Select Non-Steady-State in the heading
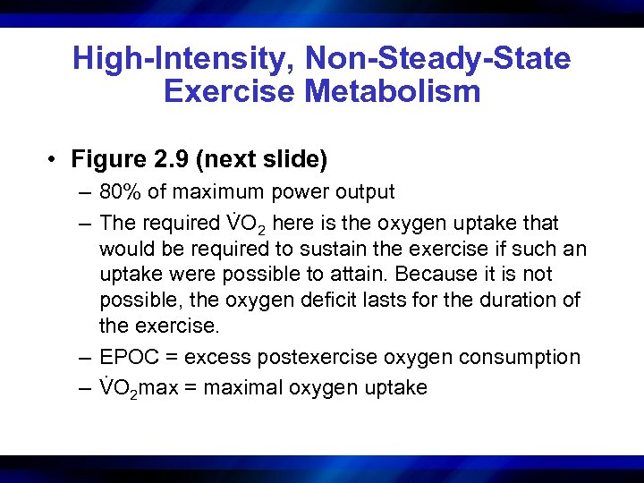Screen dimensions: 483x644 [x=437, y=59]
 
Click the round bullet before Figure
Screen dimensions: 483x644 [x=55, y=161]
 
